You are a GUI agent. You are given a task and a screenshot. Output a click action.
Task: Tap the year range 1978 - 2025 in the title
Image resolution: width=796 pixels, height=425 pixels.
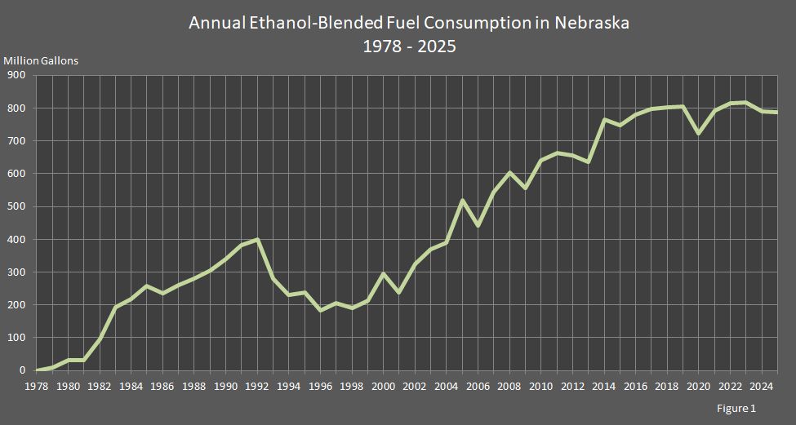pyautogui.click(x=409, y=46)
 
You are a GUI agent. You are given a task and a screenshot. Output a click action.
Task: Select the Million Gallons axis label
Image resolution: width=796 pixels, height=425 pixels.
pyautogui.click(x=41, y=61)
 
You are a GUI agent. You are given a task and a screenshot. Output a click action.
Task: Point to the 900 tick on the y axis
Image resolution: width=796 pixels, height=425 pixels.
pyautogui.click(x=17, y=75)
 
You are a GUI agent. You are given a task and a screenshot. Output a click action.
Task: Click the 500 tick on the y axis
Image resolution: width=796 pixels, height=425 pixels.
pyautogui.click(x=17, y=206)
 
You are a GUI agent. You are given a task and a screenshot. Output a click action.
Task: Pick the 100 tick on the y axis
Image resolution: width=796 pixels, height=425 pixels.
pyautogui.click(x=17, y=337)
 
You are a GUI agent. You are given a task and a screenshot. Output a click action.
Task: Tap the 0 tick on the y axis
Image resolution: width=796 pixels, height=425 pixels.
pyautogui.click(x=23, y=370)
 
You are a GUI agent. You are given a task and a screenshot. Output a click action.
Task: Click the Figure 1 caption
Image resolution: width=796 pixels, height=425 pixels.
pyautogui.click(x=736, y=409)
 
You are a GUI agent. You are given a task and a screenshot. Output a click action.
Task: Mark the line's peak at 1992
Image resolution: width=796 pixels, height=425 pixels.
pyautogui.click(x=258, y=239)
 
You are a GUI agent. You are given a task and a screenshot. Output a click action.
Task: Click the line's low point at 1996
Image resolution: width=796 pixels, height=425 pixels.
pyautogui.click(x=321, y=310)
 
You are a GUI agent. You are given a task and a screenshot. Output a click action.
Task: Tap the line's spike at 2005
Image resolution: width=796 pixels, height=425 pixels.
pyautogui.click(x=462, y=200)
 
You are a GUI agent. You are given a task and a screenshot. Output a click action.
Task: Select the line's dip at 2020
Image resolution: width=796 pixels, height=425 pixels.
pyautogui.click(x=698, y=133)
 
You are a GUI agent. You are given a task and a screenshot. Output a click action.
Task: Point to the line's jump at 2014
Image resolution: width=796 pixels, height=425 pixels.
pyautogui.click(x=604, y=120)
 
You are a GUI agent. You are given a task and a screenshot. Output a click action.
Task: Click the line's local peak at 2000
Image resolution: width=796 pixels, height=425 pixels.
pyautogui.click(x=384, y=274)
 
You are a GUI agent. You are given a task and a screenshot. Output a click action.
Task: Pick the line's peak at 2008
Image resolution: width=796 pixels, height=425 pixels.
pyautogui.click(x=509, y=172)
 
